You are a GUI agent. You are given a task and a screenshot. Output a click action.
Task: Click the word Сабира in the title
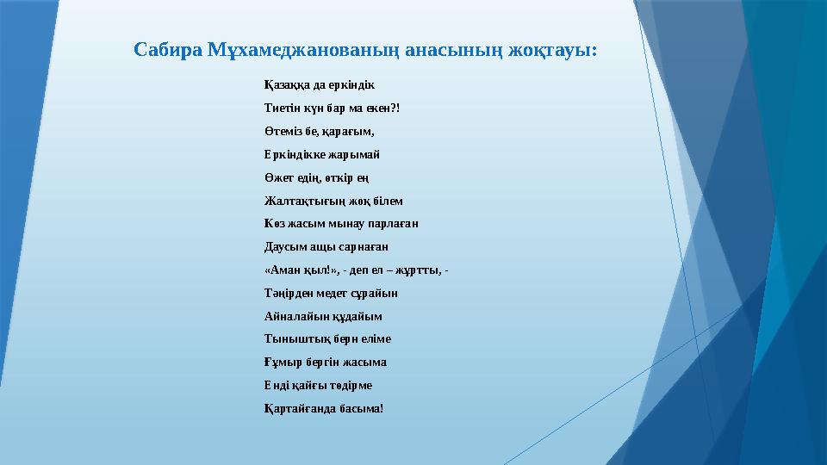(167, 50)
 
